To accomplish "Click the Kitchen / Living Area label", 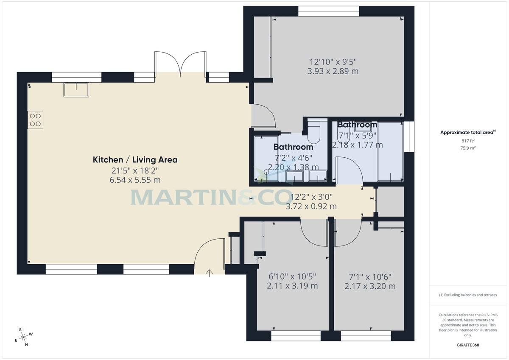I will tap(135, 160).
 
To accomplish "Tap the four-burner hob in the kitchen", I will tap(36, 119).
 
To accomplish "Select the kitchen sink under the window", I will tap(76, 90).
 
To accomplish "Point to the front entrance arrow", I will tap(210, 272).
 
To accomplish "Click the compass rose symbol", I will tap(24, 337).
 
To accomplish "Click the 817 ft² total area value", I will tap(467, 140).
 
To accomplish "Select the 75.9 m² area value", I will tap(467, 148).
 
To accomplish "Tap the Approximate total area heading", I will tap(467, 132).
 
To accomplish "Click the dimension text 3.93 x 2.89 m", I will tap(333, 71).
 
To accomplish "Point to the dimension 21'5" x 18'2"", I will tap(135, 171).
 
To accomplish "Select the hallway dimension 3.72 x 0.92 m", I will tap(311, 207).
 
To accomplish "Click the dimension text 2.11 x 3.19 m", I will tap(292, 286).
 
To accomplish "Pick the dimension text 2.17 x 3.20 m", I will tap(370, 286).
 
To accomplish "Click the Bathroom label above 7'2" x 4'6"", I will tap(293, 147).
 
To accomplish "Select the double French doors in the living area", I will tap(180, 64).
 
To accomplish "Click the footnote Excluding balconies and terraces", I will tap(467, 295).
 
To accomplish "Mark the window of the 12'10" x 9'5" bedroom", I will tap(328, 11).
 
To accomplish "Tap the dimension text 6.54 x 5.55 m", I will tap(135, 180).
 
